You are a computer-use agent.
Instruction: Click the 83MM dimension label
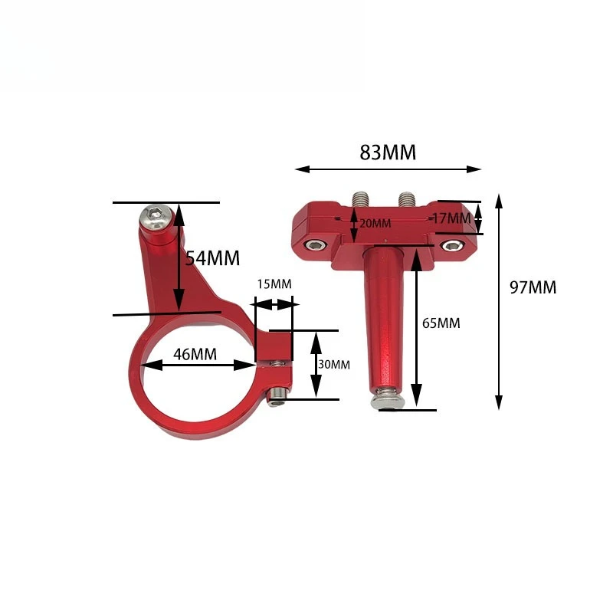(x=388, y=152)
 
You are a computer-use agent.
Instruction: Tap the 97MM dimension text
(x=533, y=288)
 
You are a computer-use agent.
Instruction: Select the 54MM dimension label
(x=212, y=257)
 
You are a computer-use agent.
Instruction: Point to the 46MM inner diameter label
(x=194, y=354)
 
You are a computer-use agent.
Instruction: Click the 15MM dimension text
(x=274, y=284)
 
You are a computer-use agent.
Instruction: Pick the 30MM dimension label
(x=333, y=365)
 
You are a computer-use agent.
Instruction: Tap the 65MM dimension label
(x=441, y=323)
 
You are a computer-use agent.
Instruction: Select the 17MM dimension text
(x=451, y=218)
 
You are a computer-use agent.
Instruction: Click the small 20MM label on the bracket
(x=375, y=223)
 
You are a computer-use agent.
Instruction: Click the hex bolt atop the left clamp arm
(x=152, y=218)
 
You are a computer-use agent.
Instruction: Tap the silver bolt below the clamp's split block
(x=277, y=393)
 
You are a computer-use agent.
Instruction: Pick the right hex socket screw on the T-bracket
(x=453, y=245)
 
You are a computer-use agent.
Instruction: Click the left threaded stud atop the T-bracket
(x=359, y=198)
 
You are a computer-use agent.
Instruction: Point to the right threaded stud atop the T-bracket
(x=406, y=198)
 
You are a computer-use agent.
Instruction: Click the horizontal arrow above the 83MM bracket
(x=388, y=169)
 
